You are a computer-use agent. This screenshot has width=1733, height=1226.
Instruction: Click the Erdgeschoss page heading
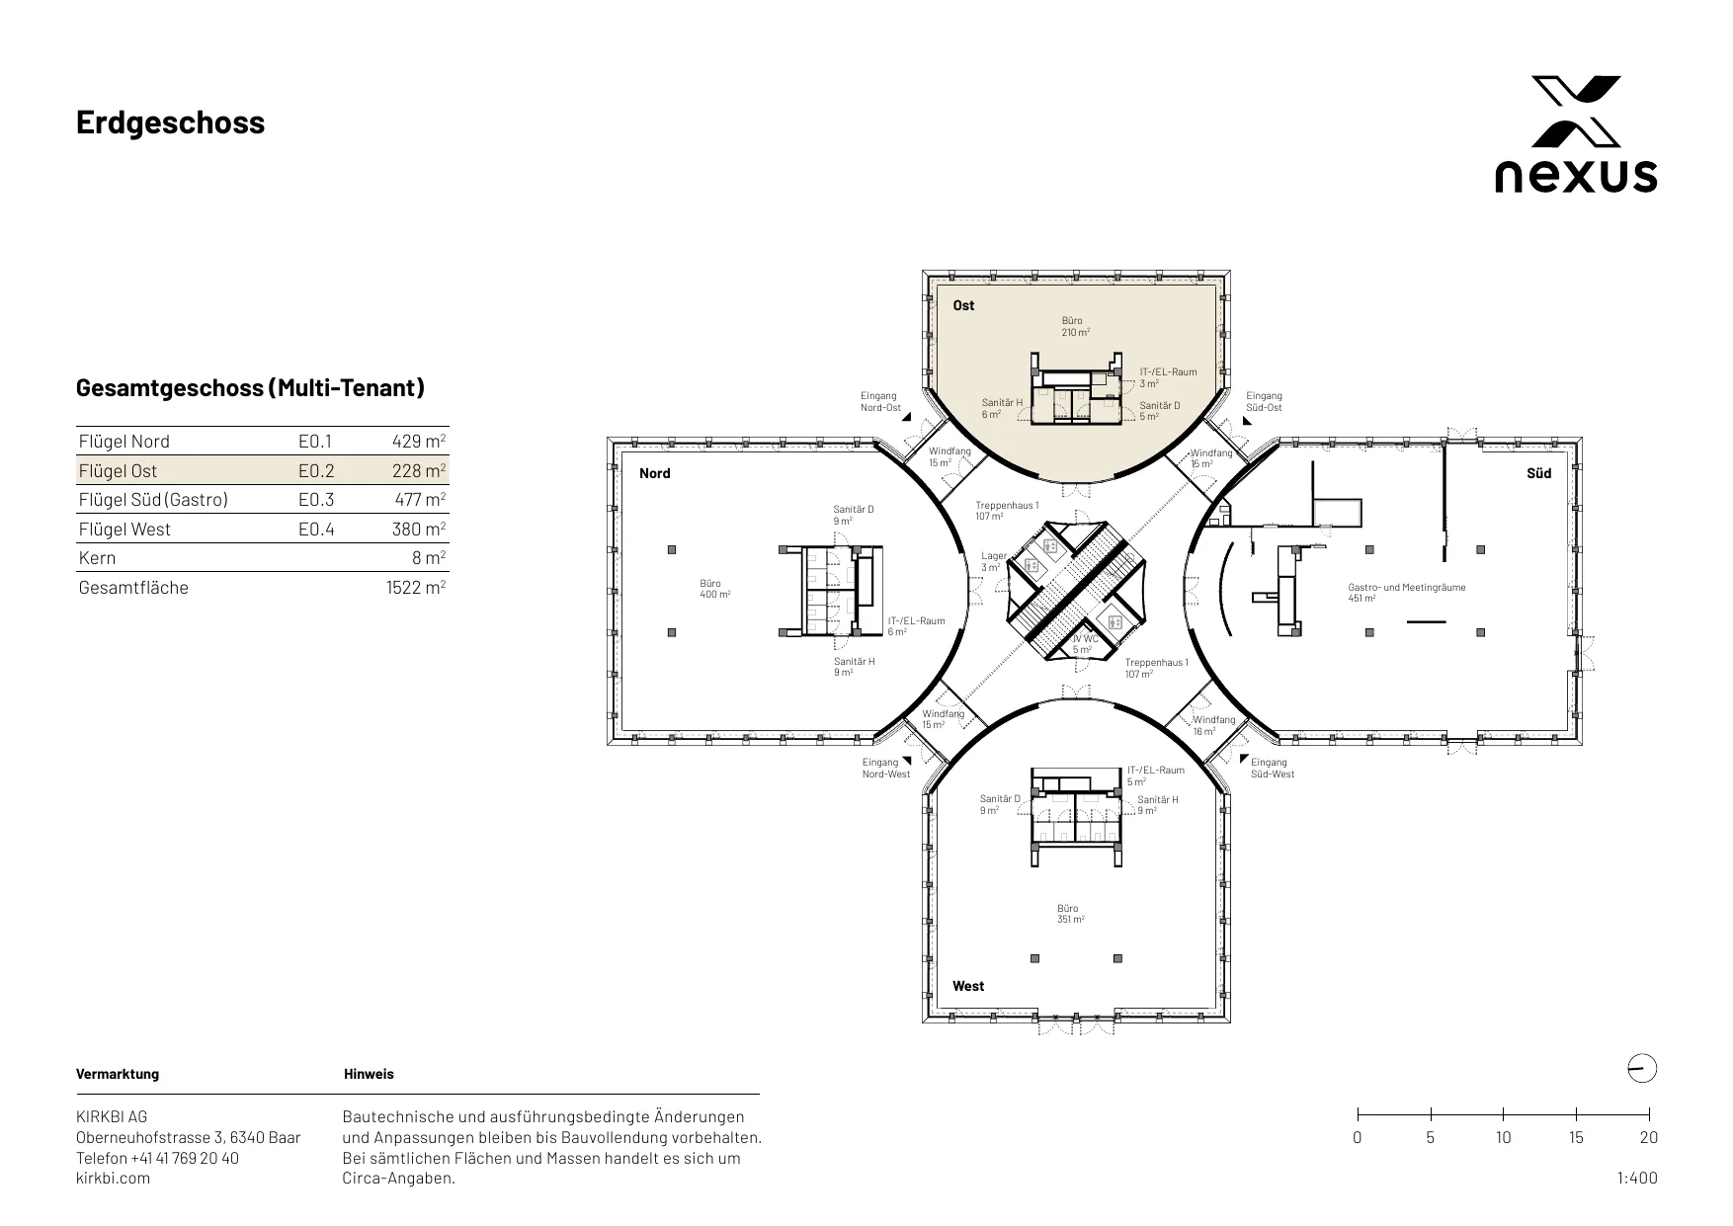171,123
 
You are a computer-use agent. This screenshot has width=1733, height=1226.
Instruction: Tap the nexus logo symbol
1576,111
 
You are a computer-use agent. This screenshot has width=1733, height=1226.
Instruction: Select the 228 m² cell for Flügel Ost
419,470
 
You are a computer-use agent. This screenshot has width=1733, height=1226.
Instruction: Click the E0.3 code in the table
316,500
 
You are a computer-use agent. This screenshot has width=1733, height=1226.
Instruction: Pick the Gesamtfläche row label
133,587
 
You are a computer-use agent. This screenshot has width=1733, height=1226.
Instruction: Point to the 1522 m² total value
416,587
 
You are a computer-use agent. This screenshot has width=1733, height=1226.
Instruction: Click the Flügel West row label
124,530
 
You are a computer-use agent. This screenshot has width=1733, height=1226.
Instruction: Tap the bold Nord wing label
654,473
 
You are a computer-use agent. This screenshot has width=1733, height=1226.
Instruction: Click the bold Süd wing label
1539,473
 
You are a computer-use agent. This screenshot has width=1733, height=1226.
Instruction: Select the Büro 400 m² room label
714,590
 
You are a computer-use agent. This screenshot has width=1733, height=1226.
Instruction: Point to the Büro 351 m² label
1070,914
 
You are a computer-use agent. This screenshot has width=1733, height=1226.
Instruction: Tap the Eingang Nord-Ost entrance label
880,402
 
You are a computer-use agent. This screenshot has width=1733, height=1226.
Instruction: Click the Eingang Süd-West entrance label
1273,768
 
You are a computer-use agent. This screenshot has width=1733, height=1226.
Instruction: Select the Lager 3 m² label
994,561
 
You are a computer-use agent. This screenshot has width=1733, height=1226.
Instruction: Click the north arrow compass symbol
1641,1069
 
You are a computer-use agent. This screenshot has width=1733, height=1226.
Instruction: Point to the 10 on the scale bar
1503,1137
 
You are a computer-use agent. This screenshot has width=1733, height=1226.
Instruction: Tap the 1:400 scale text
1637,1178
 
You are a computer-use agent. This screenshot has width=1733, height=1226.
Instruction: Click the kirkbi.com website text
114,1178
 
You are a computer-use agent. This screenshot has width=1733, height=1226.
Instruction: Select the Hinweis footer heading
369,1074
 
